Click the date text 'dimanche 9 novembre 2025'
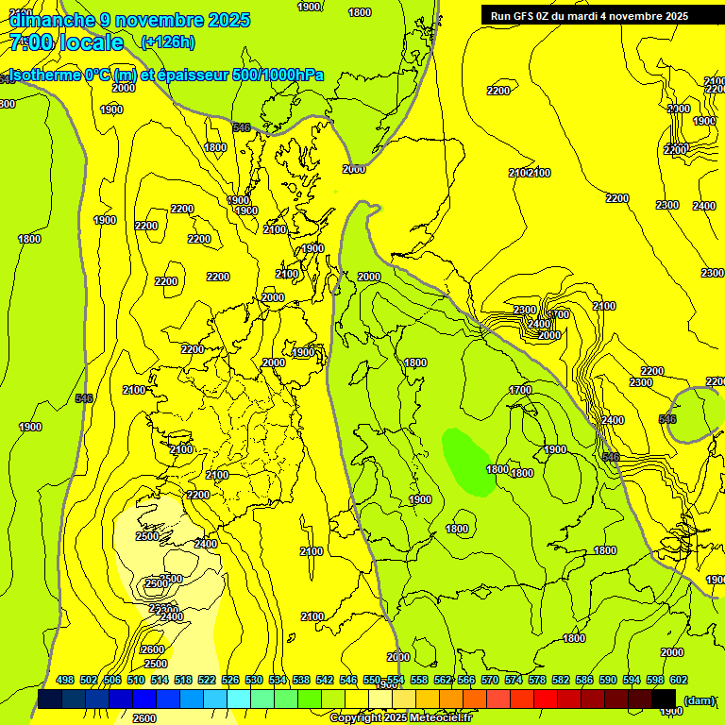coord(129,20)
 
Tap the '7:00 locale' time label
coord(66,42)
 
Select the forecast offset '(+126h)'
coord(167,42)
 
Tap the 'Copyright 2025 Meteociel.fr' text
coord(400,718)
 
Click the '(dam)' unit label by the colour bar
coord(699,700)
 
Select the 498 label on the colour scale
coord(65,680)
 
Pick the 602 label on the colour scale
coord(678,680)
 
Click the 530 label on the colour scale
coord(254,680)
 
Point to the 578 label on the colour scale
coord(536,680)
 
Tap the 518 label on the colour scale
coord(183,680)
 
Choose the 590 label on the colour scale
coord(607,680)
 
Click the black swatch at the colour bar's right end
coord(664,699)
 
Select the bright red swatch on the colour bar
coord(546,699)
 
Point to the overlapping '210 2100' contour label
coord(530,173)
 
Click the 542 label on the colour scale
coord(325,680)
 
